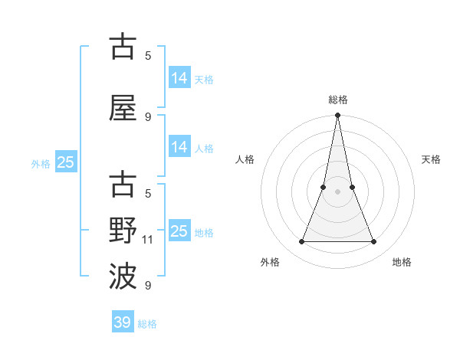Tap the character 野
(123, 231)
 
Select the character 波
(123, 277)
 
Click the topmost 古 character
(123, 47)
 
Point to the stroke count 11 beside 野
(148, 240)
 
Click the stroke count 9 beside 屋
(148, 117)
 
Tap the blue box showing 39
(123, 322)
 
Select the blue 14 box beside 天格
(179, 78)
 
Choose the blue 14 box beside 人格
(179, 147)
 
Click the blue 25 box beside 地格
(179, 231)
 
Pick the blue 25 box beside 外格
(65, 162)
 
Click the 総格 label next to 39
(147, 324)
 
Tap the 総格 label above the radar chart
(337, 100)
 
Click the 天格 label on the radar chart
(431, 159)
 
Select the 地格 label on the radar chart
(402, 262)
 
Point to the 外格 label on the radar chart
(270, 262)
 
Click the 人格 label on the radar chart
(245, 159)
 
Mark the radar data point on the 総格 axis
(337, 116)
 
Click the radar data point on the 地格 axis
(374, 242)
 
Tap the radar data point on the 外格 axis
(301, 242)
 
